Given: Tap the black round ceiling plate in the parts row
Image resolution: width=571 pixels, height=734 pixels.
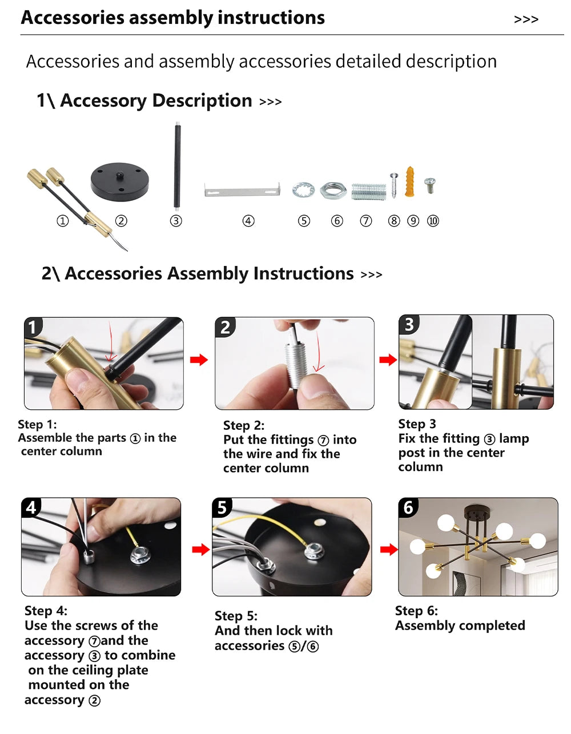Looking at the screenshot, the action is coord(119,181).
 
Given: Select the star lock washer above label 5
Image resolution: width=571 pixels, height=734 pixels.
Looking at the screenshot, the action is coord(303,190).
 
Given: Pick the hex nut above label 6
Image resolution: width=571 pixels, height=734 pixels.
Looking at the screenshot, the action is coord(333,190).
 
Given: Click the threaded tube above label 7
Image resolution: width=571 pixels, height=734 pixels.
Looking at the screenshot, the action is coord(369,191).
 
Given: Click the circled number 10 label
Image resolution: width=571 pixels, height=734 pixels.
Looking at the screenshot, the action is coord(433,221).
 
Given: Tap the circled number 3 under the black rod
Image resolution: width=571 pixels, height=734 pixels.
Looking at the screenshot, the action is coord(176,221).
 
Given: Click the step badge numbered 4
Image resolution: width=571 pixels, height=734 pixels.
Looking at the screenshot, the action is coord(31,507).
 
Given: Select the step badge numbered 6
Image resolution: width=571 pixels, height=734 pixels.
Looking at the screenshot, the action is coord(408,507).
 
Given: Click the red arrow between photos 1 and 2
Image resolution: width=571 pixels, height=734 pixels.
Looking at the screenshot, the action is coord(199,360).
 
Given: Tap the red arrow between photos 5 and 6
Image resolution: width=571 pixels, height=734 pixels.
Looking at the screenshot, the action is coord(389,550).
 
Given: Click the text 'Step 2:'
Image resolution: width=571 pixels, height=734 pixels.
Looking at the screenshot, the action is coord(244,425).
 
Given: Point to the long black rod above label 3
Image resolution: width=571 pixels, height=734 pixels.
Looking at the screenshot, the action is coord(177,166).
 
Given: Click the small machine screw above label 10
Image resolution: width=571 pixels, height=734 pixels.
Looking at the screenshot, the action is coord(430,185).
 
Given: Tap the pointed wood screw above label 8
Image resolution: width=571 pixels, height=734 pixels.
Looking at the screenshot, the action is coord(394,185).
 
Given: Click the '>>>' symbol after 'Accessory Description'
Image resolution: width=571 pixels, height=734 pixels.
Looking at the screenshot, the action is coord(270,102).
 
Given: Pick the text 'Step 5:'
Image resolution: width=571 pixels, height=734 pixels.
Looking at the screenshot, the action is coord(236,616).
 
